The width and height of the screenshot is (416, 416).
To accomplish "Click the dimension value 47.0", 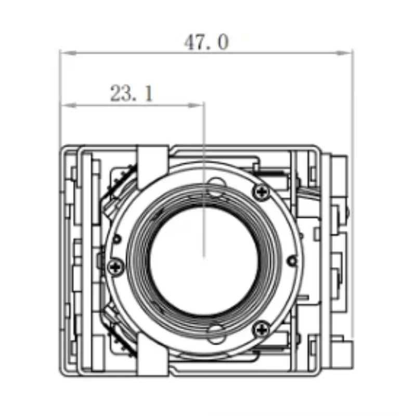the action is pos(206,42).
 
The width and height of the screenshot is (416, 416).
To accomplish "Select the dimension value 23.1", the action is pos(132,93).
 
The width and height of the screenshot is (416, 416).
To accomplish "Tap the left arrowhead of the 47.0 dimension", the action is pos(68,53).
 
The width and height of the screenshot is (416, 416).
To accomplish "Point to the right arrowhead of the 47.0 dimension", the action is pos(344,53).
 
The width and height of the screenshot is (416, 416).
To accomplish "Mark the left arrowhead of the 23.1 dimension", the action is pos(69,106).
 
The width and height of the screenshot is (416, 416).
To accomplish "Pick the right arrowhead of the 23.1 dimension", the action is pos(196,106).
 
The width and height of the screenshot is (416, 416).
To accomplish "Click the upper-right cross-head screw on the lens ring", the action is pos(262,191).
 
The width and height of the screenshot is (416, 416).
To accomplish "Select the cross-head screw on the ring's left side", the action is pos(116,267).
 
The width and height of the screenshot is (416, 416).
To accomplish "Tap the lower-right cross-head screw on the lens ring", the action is pos(262,330).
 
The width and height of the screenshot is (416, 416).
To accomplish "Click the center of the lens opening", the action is pos(204,261).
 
